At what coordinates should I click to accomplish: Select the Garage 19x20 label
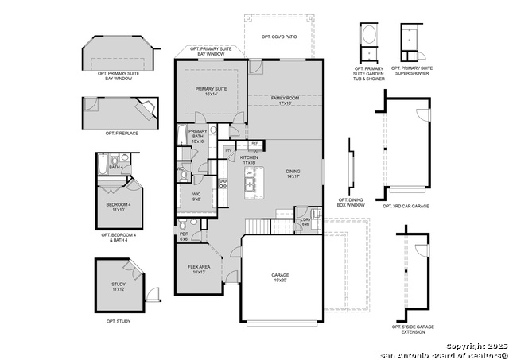pyautogui.click(x=280, y=278)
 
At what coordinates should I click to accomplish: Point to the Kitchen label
pyautogui.click(x=250, y=160)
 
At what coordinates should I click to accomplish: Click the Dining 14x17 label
pyautogui.click(x=294, y=173)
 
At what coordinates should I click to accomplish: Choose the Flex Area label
pyautogui.click(x=199, y=269)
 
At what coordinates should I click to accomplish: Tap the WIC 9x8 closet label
pyautogui.click(x=197, y=195)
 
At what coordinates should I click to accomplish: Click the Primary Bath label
pyautogui.click(x=198, y=136)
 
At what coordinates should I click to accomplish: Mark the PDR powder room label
pyautogui.click(x=184, y=236)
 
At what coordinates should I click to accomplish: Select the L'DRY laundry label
pyautogui.click(x=306, y=222)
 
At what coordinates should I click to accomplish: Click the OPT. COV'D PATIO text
pyautogui.click(x=279, y=37)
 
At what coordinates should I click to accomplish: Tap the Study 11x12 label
pyautogui.click(x=119, y=288)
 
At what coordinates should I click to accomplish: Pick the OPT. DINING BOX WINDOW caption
pyautogui.click(x=352, y=203)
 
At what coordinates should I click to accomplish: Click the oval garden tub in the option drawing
pyautogui.click(x=370, y=36)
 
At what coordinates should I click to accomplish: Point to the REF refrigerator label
pyautogui.click(x=254, y=144)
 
